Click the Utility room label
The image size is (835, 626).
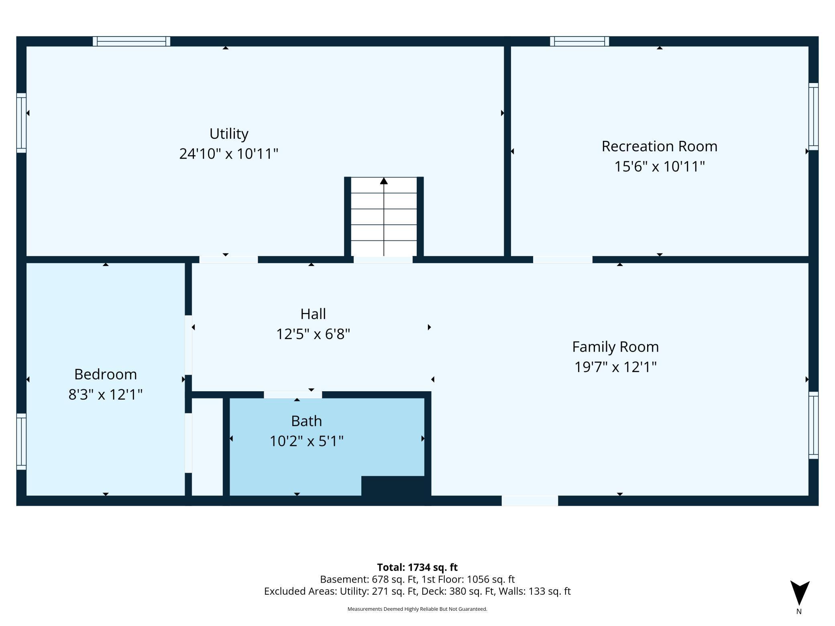pos(229,134)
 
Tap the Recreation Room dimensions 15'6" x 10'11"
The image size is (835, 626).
pos(660,166)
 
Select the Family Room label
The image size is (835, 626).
pos(615,347)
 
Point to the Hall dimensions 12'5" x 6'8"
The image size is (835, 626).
pos(313,334)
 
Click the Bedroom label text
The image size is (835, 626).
pos(106,374)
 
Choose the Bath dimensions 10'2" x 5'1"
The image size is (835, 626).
pos(306,441)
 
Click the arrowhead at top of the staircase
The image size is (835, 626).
pos(384,181)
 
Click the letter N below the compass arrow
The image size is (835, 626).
pos(799,612)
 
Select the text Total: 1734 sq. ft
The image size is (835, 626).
pos(417,567)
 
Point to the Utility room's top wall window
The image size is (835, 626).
pos(132,41)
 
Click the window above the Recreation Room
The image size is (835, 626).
pos(579,41)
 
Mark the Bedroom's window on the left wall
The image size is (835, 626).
pos(21,441)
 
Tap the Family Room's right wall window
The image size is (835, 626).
pos(813,425)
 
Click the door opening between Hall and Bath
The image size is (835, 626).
pos(293,395)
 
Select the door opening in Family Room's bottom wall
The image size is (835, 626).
pos(530,501)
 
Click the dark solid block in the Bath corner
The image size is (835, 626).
pos(393,486)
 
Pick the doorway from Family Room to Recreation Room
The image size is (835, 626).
pos(562,260)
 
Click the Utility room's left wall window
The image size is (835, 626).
pos(21,123)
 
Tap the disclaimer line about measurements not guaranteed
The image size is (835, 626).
pos(417,609)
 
